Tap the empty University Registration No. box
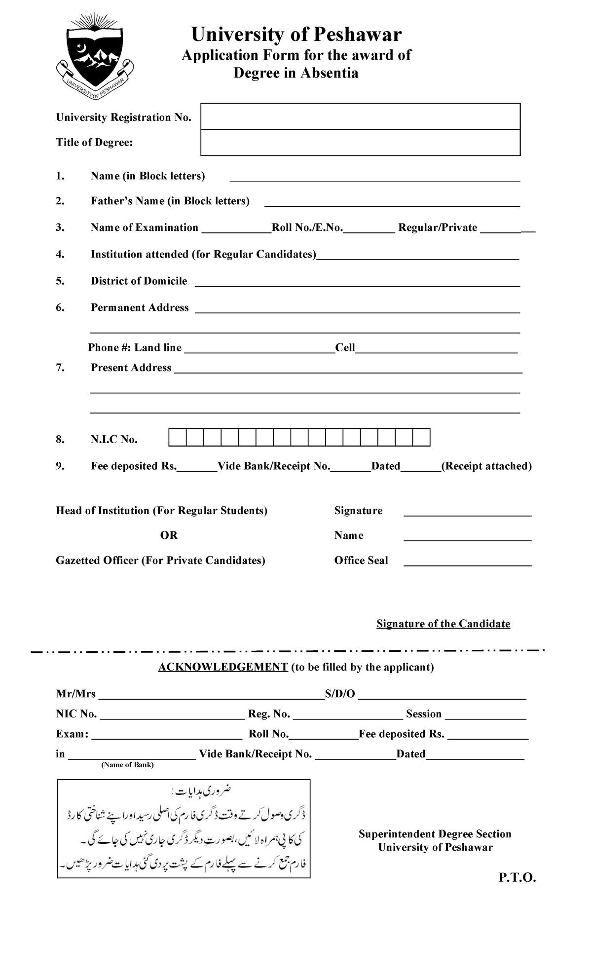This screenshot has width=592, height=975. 361,116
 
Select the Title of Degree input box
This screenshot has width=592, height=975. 361,143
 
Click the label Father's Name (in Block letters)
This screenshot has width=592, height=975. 170,201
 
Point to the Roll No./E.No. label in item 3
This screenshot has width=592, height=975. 307,227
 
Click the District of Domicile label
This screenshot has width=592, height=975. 139,281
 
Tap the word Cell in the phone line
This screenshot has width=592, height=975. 345,347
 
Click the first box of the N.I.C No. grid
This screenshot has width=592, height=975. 178,438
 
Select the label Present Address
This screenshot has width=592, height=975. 131,368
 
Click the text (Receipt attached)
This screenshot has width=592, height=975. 486,466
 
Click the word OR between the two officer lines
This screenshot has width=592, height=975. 169,535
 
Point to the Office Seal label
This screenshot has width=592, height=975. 361,561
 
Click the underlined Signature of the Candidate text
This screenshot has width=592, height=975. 443,624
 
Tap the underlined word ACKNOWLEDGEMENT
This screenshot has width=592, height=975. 222,667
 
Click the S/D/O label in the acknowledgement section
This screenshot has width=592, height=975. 340,694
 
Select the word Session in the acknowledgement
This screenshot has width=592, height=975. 423,714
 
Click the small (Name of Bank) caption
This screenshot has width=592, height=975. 127,765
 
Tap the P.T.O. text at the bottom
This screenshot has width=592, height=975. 517,878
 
